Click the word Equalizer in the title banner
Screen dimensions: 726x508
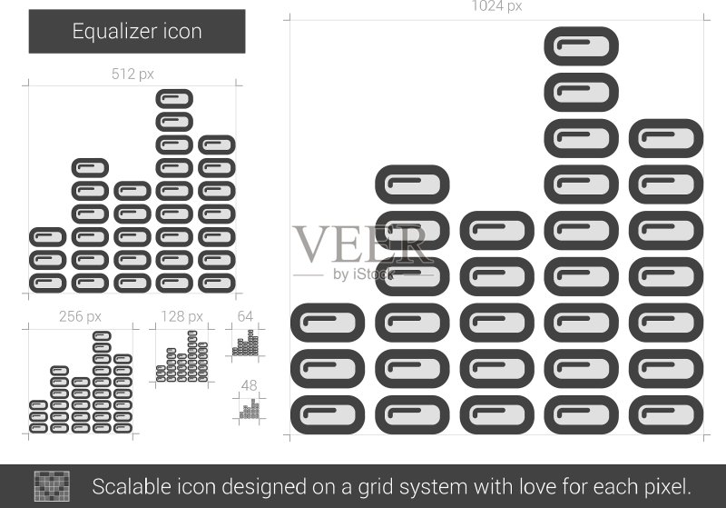[x=108, y=32]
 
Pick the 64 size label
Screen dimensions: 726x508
[x=245, y=316]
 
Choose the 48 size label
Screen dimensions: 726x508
[x=249, y=385]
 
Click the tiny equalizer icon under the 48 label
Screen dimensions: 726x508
[x=250, y=409]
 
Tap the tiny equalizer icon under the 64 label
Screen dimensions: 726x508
[x=245, y=343]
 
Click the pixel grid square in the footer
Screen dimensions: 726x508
[x=52, y=486]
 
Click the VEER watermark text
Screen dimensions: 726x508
[x=360, y=244]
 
